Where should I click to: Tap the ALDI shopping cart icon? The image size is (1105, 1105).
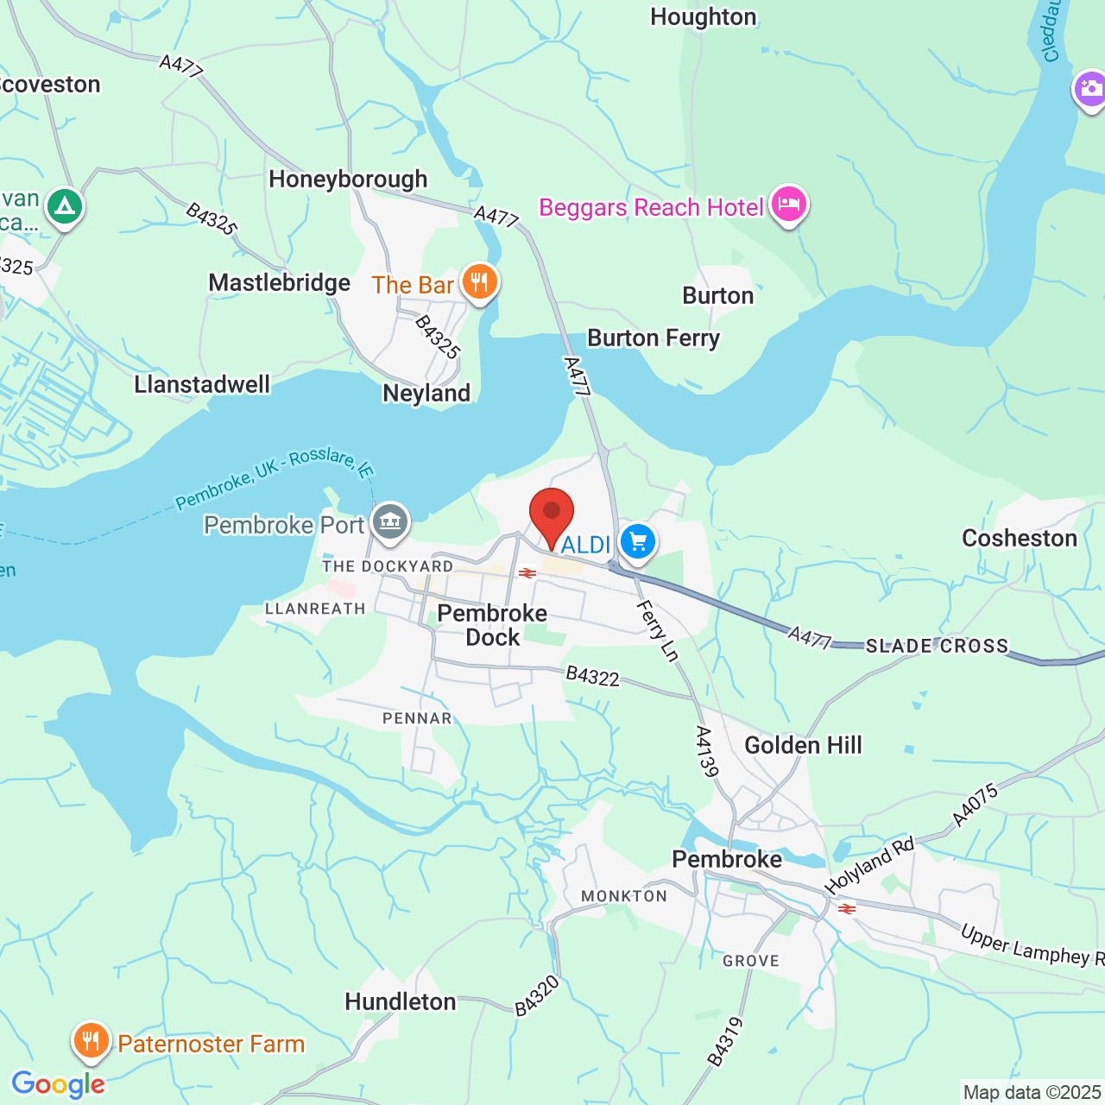(x=638, y=542)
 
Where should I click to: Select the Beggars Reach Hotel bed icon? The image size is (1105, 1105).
(x=788, y=205)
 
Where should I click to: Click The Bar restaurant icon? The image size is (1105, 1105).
(x=479, y=281)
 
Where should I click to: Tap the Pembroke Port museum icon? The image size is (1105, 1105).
(x=390, y=521)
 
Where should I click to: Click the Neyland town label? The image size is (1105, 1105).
(x=426, y=394)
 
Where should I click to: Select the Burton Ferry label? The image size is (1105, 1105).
(x=654, y=338)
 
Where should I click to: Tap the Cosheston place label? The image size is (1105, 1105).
(x=1020, y=539)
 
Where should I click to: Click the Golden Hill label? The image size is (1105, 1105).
(x=803, y=746)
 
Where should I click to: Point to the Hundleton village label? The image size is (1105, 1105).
(x=401, y=1002)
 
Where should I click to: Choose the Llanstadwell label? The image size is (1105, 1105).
(x=202, y=385)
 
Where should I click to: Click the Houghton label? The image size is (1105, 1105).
(x=703, y=17)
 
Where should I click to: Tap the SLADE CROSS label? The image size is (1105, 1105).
(x=937, y=647)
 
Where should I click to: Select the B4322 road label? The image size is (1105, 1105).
(x=592, y=676)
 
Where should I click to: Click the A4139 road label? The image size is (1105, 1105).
(x=706, y=751)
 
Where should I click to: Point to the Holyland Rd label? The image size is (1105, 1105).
(x=868, y=866)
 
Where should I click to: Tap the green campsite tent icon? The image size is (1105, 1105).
(x=65, y=206)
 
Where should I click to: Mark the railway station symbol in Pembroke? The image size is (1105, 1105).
(x=847, y=909)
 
